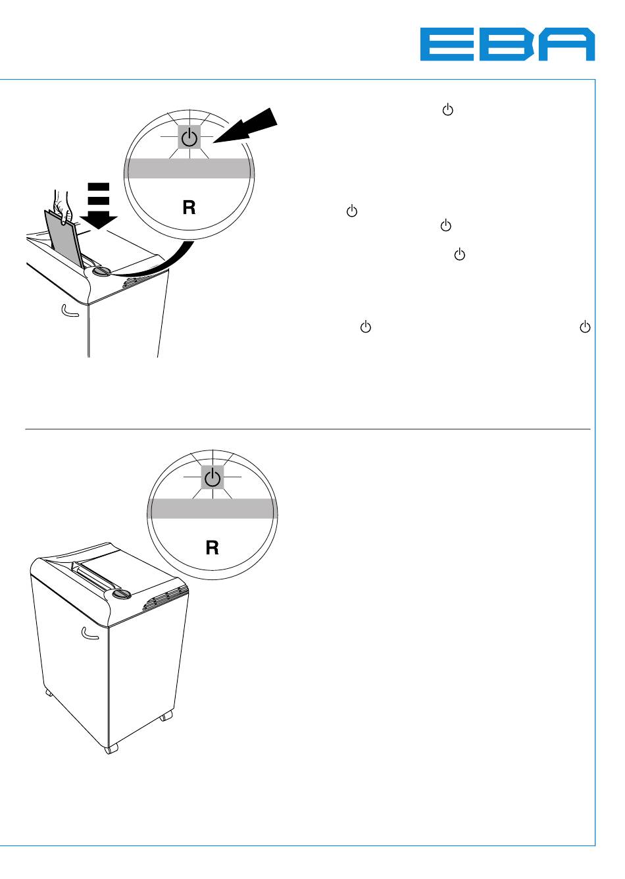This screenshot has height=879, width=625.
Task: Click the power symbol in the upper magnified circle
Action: pos(189,138)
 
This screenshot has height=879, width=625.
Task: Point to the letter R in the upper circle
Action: pos(189,208)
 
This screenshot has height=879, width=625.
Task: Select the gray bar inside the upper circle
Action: pos(189,168)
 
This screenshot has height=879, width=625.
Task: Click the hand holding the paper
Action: pos(63,204)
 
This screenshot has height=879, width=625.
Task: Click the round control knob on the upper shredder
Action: pos(103,271)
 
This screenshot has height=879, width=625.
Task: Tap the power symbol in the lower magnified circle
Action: pos(213,478)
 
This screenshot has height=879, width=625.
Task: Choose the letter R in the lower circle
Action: pos(212,548)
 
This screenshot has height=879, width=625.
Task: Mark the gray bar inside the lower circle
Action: pos(212,508)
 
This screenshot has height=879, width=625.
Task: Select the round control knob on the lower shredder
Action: pos(122,594)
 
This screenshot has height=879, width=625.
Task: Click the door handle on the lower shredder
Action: pos(89,634)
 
